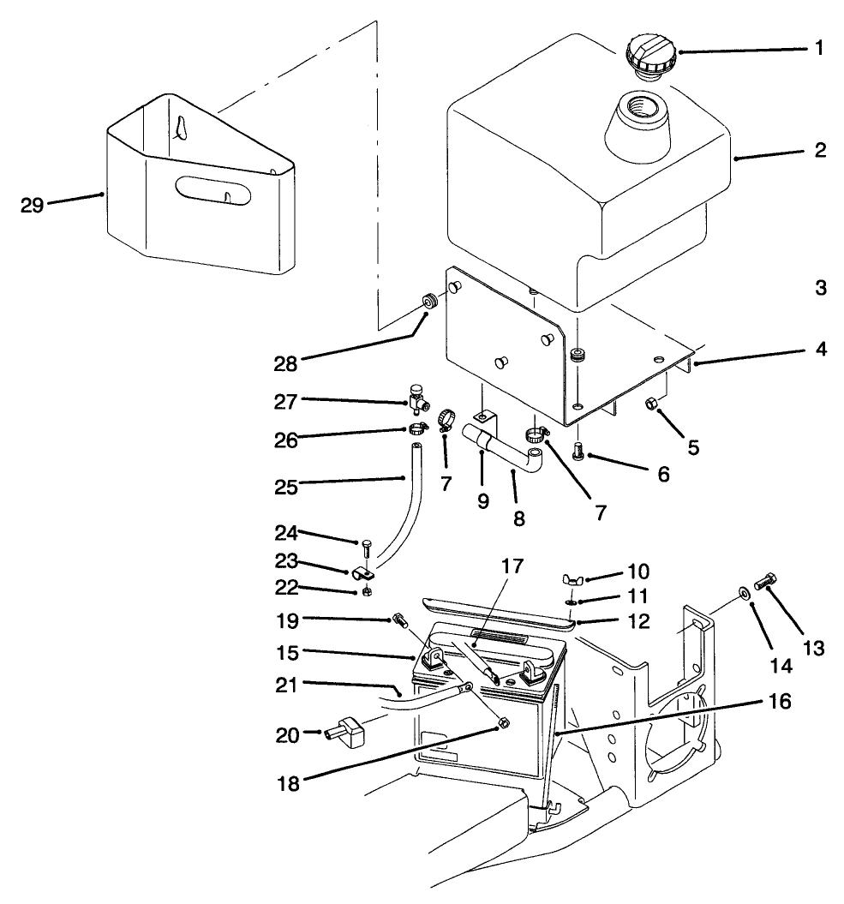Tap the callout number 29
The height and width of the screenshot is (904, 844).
click(x=33, y=205)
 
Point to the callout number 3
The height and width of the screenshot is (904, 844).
click(x=820, y=288)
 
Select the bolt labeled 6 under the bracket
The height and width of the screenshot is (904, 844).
click(x=578, y=448)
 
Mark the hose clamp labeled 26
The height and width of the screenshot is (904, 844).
click(x=417, y=428)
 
